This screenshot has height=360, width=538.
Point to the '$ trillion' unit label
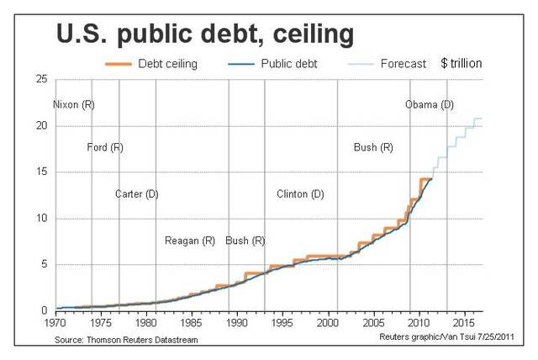pos(462,63)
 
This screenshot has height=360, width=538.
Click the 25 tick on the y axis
pos(41,80)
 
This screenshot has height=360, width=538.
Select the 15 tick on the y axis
pos(41,172)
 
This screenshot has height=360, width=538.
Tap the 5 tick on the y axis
pos(45,265)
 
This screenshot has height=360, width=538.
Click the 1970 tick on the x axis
pos(55,321)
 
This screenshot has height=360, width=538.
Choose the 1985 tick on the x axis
pos(191,321)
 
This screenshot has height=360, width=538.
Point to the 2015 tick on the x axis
pos(462,321)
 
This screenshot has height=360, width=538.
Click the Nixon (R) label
pos(74,105)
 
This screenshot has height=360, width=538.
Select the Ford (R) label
pos(105,148)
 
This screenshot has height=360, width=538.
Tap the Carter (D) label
pos(137,194)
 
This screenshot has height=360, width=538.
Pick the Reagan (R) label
pos(190,241)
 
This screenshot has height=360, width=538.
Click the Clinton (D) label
pos(300,194)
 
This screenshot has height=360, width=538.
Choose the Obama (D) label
pos(429,105)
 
